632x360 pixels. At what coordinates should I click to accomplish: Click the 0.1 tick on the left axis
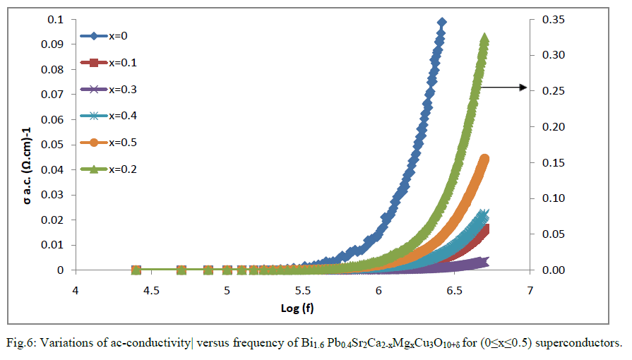[x=58, y=19]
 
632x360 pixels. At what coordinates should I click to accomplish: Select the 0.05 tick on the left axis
[x=54, y=145]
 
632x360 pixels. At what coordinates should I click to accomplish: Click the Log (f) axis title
[x=302, y=308]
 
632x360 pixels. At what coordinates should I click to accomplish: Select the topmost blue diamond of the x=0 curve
[x=442, y=23]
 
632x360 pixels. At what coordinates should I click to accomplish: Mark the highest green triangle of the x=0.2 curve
[x=485, y=37]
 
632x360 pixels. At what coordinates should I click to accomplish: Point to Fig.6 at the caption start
[x=20, y=344]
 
